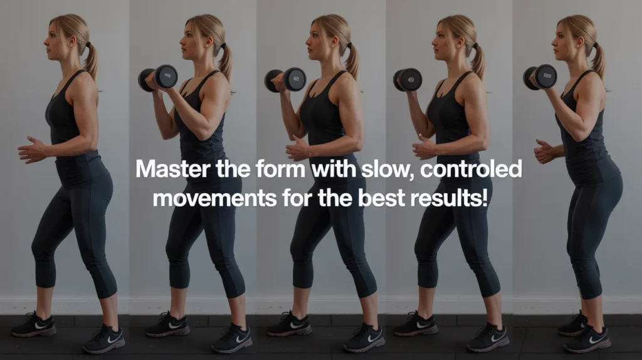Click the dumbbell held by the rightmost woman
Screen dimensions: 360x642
[x=540, y=77]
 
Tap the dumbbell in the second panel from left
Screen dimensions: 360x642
[x=158, y=78]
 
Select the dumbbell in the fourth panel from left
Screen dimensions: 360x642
[x=408, y=80]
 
